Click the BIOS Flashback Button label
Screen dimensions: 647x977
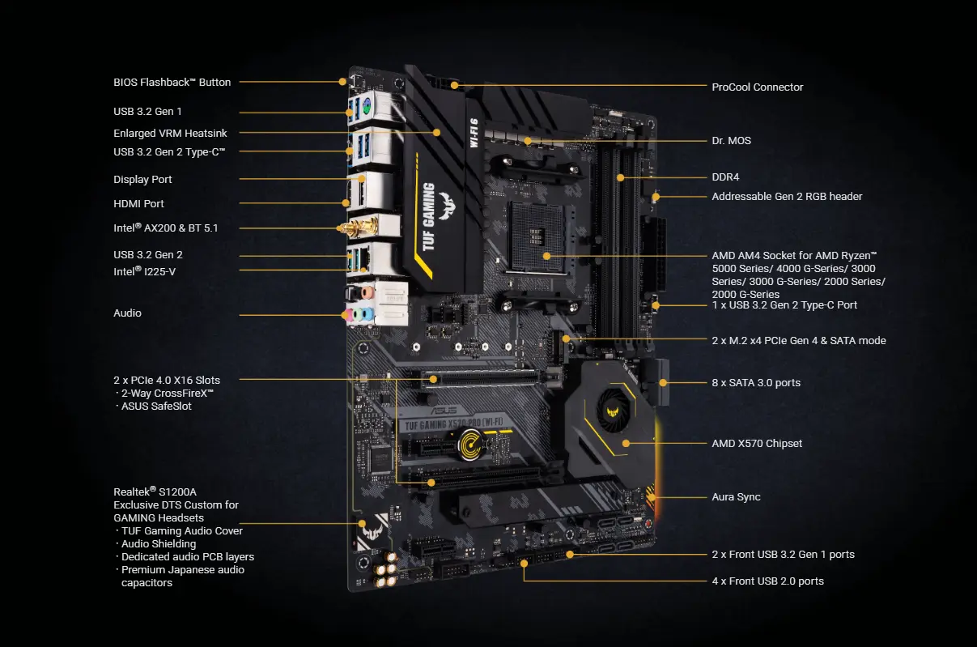[x=172, y=82]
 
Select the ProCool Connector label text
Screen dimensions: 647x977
[x=757, y=87]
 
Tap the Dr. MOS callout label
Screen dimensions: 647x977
[x=731, y=140]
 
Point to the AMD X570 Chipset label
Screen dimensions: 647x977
[x=757, y=443]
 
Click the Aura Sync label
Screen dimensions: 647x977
[x=736, y=496]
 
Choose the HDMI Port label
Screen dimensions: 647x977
[x=138, y=203]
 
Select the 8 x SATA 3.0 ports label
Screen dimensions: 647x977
[x=755, y=382]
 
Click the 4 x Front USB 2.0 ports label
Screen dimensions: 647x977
[x=767, y=581]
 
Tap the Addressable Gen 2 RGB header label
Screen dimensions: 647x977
[x=787, y=196]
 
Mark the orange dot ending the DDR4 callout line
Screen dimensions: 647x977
[x=621, y=177]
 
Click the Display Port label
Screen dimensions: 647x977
[x=142, y=179]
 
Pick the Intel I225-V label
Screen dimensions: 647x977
[x=144, y=271]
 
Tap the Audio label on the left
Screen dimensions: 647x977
[x=127, y=313]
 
